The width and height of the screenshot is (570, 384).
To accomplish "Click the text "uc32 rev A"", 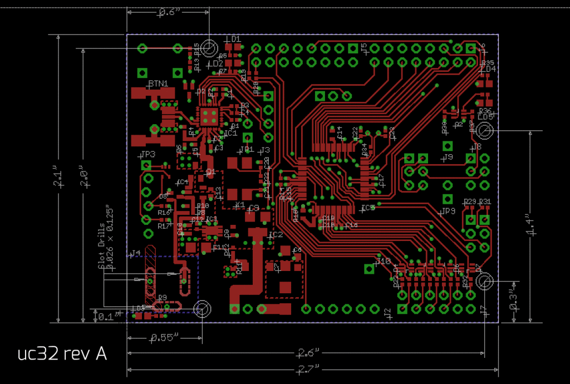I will (62, 353).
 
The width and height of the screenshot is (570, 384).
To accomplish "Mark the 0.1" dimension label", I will (106, 317).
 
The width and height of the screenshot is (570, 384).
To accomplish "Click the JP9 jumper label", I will (448, 211).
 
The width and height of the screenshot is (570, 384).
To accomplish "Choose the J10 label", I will (384, 260).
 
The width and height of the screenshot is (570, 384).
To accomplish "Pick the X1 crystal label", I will (240, 205).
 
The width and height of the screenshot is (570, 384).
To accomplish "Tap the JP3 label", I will (148, 154).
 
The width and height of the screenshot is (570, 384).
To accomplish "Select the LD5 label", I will (486, 117).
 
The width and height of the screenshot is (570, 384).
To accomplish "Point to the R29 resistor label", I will (470, 201).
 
